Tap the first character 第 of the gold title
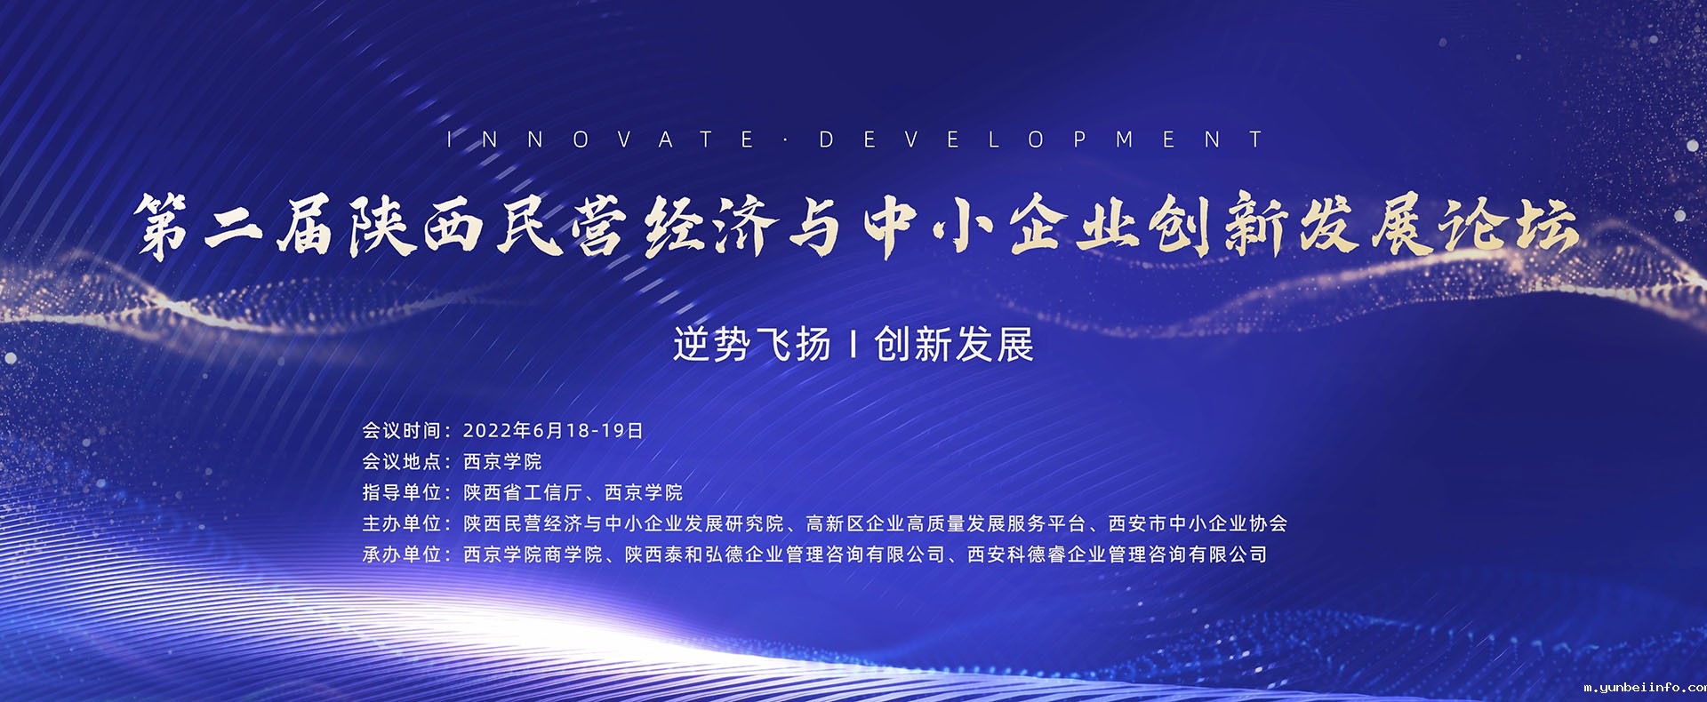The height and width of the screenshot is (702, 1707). [163, 227]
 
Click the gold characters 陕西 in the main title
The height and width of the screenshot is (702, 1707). [415, 227]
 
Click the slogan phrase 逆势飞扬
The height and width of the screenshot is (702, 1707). [751, 345]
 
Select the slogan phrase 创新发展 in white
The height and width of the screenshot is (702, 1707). [954, 345]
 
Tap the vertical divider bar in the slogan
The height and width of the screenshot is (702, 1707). [853, 345]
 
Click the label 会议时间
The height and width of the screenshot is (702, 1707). [401, 431]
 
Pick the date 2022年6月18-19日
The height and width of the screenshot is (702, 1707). [553, 431]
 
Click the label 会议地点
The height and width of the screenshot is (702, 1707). [401, 462]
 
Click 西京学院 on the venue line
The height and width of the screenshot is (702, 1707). [502, 462]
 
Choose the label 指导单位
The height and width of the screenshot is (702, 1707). [401, 493]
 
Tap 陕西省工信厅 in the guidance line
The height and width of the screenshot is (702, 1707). [523, 493]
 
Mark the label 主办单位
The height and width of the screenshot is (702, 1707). [401, 524]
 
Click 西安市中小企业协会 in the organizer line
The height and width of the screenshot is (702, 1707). [1198, 524]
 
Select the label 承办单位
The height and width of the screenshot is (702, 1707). [401, 555]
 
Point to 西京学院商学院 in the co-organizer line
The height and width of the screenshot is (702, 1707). [533, 555]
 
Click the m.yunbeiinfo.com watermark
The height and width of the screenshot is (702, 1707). [1645, 687]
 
